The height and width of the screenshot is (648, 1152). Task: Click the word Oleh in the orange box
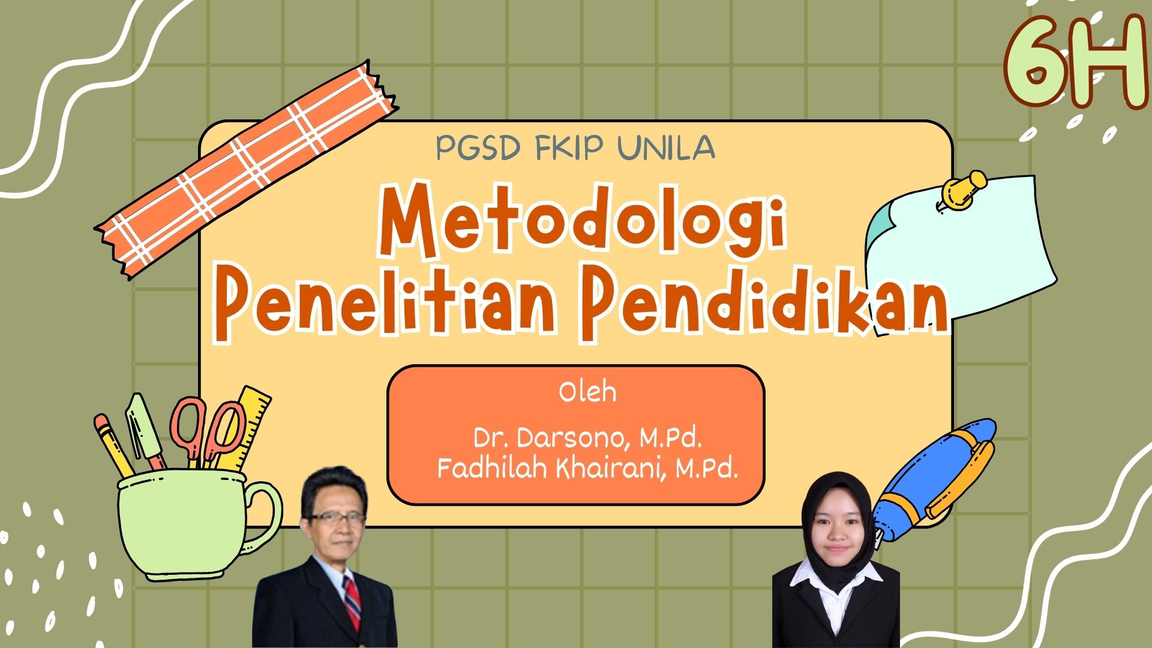point(587,392)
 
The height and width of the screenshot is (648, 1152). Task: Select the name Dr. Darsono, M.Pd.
point(587,439)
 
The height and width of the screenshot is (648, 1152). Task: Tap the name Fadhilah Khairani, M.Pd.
point(587,469)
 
